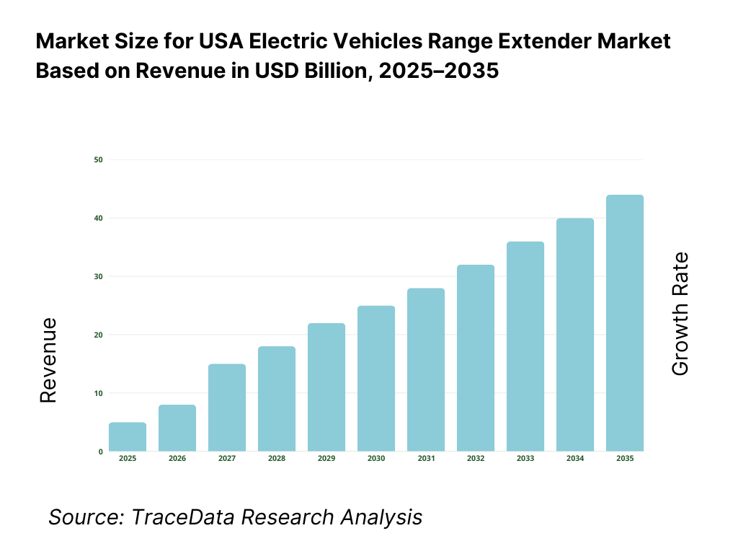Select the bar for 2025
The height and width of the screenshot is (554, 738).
[128, 437]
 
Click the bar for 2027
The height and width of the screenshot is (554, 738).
[227, 408]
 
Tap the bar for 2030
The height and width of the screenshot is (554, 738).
[376, 379]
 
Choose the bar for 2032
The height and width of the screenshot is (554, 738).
[476, 359]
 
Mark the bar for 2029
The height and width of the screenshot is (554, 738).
[326, 387]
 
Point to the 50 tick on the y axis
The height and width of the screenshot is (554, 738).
[98, 159]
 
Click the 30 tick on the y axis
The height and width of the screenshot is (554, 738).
[98, 276]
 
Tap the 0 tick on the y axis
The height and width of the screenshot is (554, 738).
[100, 452]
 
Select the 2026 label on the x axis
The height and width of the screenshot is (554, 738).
[177, 459]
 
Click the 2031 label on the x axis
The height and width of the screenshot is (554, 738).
[425, 459]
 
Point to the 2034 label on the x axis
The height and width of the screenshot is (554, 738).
[574, 459]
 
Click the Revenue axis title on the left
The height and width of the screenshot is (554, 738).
[48, 360]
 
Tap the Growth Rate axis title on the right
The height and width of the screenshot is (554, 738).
[680, 314]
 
